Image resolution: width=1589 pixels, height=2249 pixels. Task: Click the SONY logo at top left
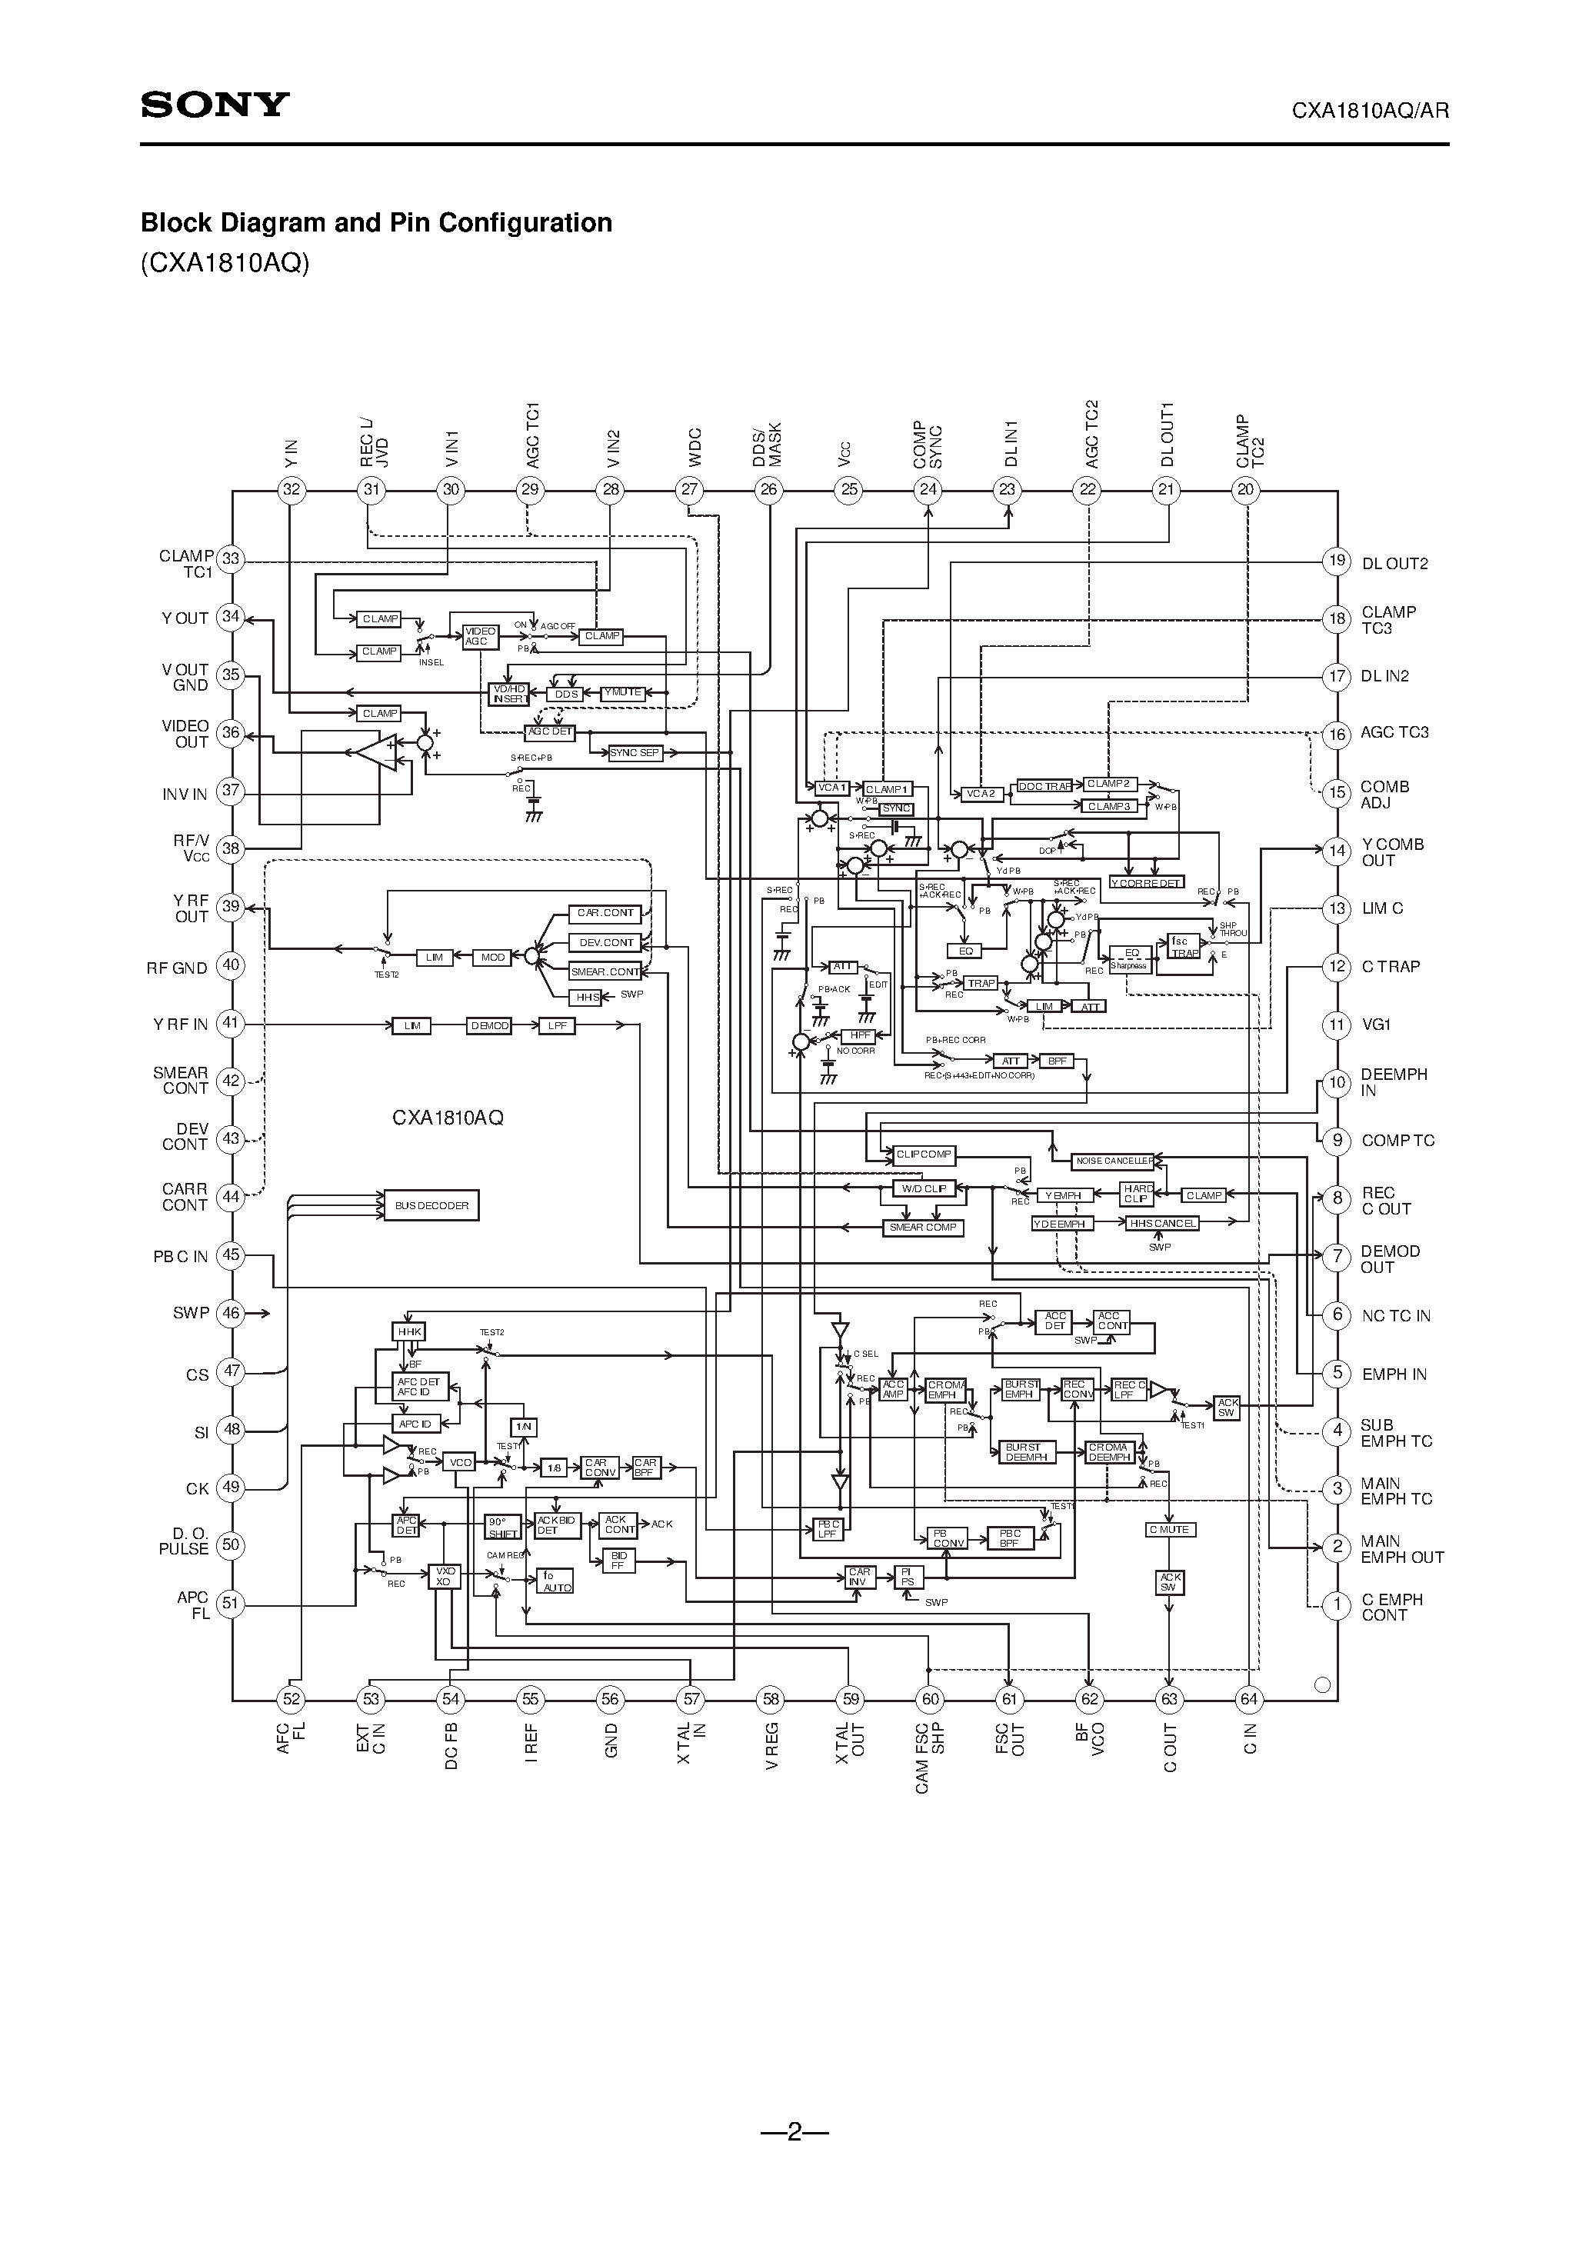tap(215, 105)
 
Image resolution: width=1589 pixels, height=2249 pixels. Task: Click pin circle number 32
tap(291, 490)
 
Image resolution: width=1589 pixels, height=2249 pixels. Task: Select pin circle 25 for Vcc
tap(848, 490)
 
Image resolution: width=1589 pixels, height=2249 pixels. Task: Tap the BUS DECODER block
tap(431, 1206)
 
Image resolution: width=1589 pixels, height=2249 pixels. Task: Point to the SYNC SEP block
tap(635, 752)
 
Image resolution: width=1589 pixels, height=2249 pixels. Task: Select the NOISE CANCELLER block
tap(1114, 1161)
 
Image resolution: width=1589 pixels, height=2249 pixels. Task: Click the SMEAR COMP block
tap(923, 1228)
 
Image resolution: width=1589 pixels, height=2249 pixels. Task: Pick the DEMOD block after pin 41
tap(489, 1025)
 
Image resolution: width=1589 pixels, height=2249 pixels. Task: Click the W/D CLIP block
tap(923, 1188)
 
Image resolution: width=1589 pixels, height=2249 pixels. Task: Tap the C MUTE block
tap(1169, 1529)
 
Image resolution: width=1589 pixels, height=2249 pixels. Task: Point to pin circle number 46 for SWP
tap(230, 1313)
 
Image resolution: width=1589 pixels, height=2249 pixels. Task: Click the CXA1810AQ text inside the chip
tap(448, 1118)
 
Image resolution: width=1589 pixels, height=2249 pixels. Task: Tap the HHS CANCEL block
tap(1162, 1224)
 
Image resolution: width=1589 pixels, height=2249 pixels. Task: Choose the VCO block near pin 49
tap(459, 1462)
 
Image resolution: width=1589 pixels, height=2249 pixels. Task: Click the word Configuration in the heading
tap(524, 223)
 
